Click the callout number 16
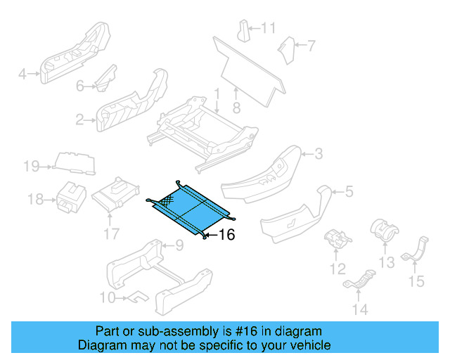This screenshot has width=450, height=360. [x=226, y=235]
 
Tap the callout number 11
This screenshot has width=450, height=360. [x=269, y=28]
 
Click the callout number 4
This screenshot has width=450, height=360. [x=22, y=73]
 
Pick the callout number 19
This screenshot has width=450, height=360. [x=30, y=167]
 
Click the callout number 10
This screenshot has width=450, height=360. [x=107, y=297]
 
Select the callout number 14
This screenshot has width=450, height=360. [x=360, y=309]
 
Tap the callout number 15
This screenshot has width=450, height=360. [x=417, y=282]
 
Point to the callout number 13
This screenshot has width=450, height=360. [x=387, y=262]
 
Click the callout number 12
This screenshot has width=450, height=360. [x=338, y=269]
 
